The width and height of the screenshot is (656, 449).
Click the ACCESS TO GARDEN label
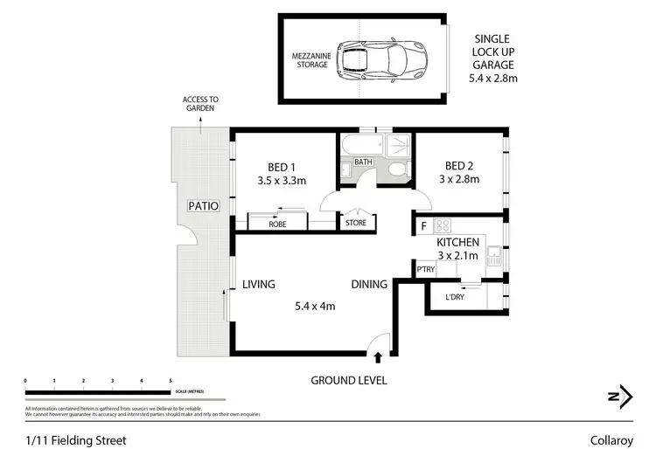pos(200,105)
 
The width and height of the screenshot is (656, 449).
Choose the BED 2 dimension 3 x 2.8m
pos(459,181)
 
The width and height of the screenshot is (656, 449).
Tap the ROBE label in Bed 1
pos(277,224)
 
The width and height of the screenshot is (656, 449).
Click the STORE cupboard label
pos(356,224)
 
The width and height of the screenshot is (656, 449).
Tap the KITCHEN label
pos(457,242)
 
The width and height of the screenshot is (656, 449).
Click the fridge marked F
pos(423,226)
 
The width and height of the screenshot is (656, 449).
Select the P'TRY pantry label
pos(426,269)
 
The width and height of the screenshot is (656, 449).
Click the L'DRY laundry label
pos(455,298)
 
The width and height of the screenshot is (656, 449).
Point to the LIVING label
pos(260,285)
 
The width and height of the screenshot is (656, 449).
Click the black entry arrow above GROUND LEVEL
pos(378,356)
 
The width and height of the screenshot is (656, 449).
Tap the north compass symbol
pos(619,396)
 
